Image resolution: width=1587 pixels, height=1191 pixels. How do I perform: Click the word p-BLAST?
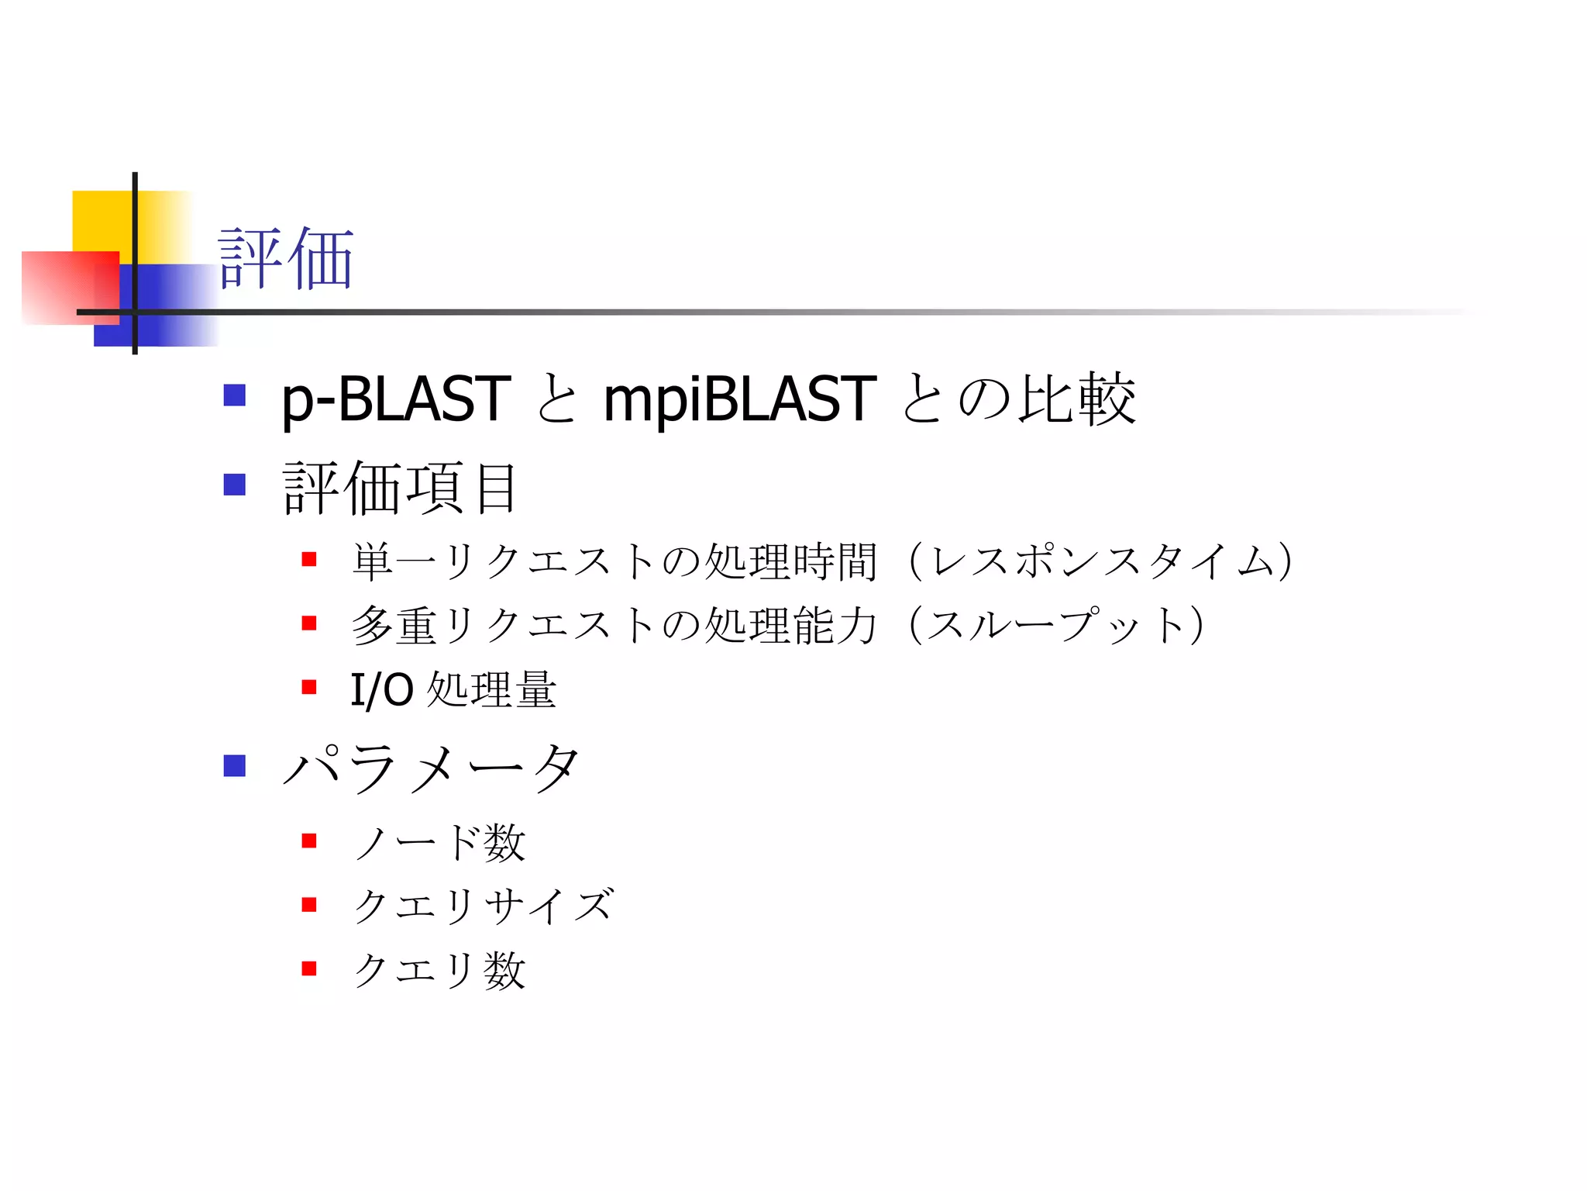point(395,399)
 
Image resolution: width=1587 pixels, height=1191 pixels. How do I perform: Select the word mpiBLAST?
point(739,399)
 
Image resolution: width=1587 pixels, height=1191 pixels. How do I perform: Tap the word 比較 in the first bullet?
point(1077,399)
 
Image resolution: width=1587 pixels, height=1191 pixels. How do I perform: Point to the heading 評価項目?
point(400,488)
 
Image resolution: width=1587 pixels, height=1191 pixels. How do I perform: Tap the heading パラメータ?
point(431,768)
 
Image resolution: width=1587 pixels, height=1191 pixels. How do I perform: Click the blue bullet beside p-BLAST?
point(234,395)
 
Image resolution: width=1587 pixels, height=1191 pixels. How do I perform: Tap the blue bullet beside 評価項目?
point(234,485)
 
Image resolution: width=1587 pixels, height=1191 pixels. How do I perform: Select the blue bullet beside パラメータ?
point(234,766)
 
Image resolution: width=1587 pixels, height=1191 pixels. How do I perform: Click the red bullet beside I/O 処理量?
point(309,687)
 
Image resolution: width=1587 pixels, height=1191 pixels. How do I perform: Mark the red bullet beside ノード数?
point(309,841)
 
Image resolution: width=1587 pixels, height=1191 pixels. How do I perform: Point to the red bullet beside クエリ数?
point(309,968)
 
